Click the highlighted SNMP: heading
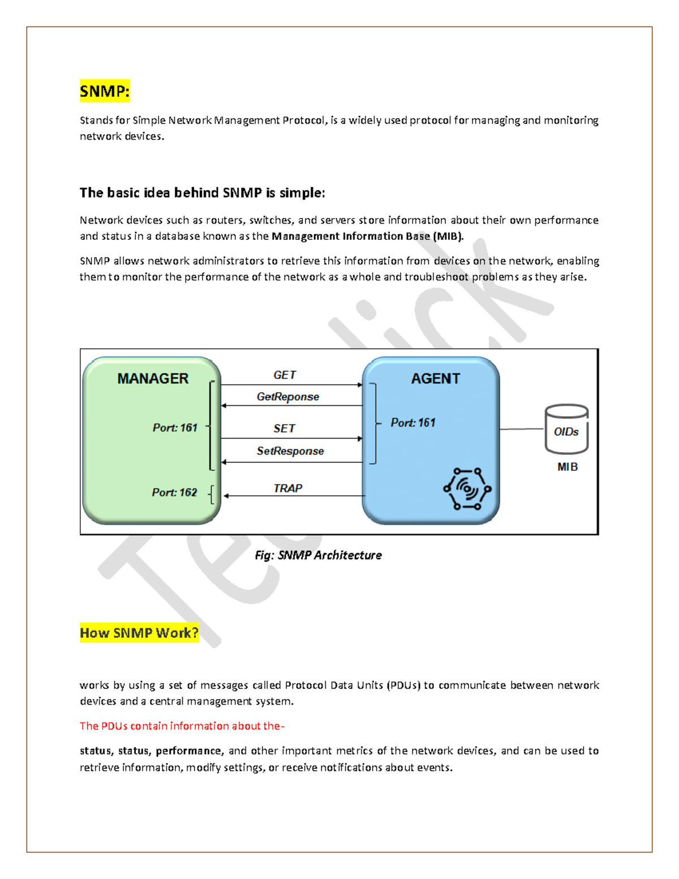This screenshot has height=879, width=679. pyautogui.click(x=105, y=91)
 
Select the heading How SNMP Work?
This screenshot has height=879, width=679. pyautogui.click(x=139, y=633)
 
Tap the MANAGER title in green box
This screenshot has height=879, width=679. pyautogui.click(x=153, y=379)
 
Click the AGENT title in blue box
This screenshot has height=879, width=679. pyautogui.click(x=435, y=379)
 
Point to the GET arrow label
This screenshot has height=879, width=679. pyautogui.click(x=285, y=375)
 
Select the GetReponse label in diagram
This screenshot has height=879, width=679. pyautogui.click(x=287, y=397)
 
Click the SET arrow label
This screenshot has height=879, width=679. pyautogui.click(x=284, y=428)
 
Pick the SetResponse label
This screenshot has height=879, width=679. pyautogui.click(x=290, y=451)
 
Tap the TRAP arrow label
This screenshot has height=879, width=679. pyautogui.click(x=287, y=488)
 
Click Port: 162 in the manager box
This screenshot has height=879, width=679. pyautogui.click(x=174, y=492)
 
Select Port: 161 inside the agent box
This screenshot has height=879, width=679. pyautogui.click(x=413, y=423)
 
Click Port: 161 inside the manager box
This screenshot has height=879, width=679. pyautogui.click(x=175, y=428)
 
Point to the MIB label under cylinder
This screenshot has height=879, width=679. pyautogui.click(x=567, y=467)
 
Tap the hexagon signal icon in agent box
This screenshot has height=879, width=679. pyautogui.click(x=467, y=488)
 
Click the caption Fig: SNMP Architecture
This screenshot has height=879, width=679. pyautogui.click(x=318, y=555)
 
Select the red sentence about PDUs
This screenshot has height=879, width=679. pyautogui.click(x=182, y=726)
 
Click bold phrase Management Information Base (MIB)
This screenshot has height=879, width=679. pyautogui.click(x=367, y=236)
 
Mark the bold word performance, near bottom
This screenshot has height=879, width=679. pyautogui.click(x=190, y=751)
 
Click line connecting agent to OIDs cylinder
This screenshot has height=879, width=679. pyautogui.click(x=521, y=429)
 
